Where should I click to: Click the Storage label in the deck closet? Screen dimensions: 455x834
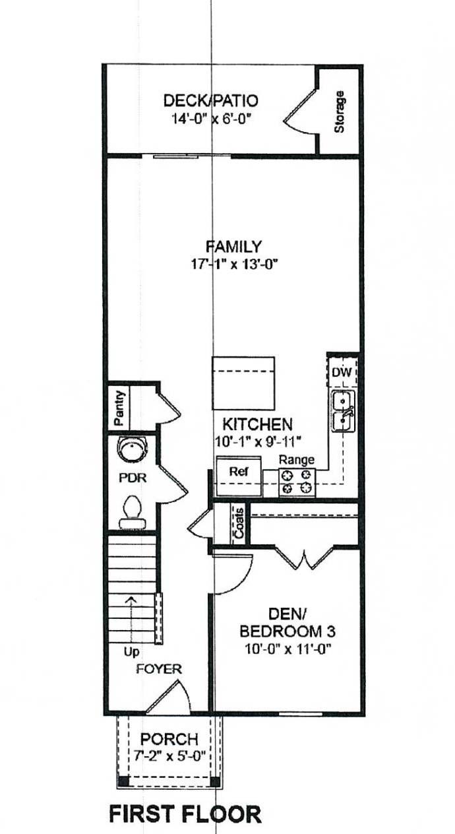click(x=340, y=112)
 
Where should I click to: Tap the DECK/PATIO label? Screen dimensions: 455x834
click(x=210, y=100)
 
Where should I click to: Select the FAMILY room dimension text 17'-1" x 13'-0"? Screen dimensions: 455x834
click(x=235, y=265)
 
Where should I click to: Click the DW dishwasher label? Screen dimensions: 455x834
click(x=342, y=372)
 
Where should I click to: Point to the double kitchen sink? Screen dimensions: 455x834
click(x=343, y=411)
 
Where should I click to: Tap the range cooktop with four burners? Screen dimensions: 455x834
click(x=297, y=482)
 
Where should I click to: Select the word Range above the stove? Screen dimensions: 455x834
click(x=297, y=460)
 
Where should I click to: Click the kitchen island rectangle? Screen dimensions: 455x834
click(x=243, y=383)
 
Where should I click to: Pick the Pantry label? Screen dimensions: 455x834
click(x=119, y=408)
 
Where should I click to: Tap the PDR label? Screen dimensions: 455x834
click(x=133, y=478)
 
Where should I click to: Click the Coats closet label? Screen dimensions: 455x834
click(x=239, y=523)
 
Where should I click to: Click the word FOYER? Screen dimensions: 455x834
click(x=159, y=669)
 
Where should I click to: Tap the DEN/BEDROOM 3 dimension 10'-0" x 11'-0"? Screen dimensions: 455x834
click(x=288, y=649)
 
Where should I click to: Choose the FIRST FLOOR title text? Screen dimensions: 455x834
click(x=185, y=814)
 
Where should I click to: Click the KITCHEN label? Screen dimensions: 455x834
click(x=257, y=424)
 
